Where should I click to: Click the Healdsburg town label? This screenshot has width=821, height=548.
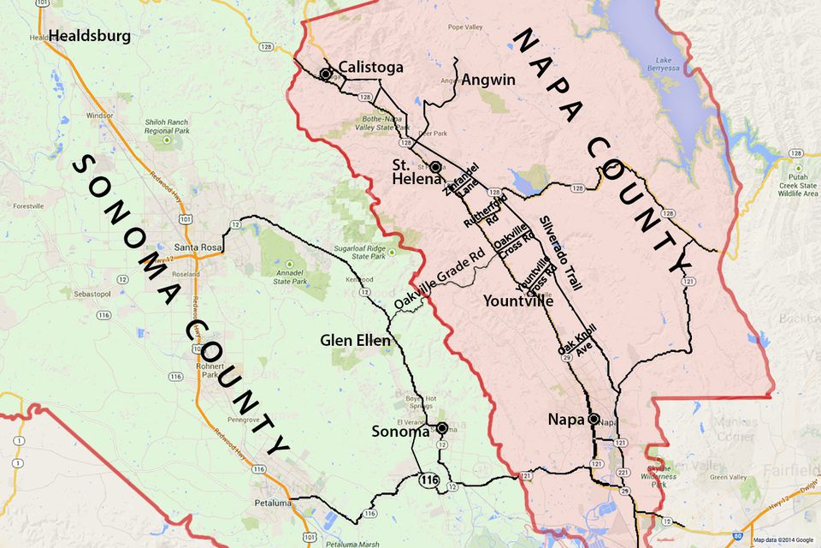[x=90, y=36]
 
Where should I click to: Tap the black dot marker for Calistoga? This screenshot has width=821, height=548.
[x=326, y=74]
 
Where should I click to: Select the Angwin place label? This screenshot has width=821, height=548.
[x=488, y=80]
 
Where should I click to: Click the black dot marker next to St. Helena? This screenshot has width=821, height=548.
[x=435, y=167]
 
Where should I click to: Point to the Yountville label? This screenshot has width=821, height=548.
[x=517, y=301]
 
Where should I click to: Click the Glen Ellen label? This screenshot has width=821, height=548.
[x=355, y=340]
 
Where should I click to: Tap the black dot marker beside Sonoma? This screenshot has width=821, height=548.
[x=442, y=428]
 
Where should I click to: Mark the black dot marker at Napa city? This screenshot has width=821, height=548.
[x=592, y=419]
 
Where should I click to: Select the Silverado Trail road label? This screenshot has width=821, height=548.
[x=561, y=253]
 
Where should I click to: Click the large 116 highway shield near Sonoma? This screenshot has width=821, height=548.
[x=428, y=479]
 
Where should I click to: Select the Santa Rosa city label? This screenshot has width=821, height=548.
[x=198, y=247]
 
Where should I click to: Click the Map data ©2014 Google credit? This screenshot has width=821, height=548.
[x=783, y=540]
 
